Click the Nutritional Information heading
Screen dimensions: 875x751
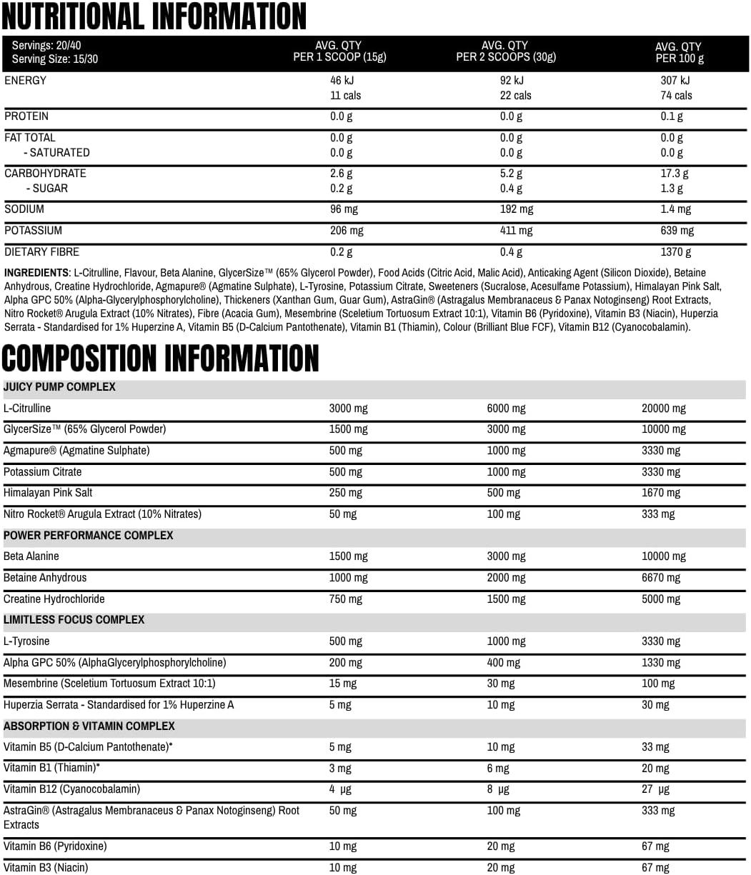tap(154, 16)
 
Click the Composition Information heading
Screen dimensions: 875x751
tap(160, 358)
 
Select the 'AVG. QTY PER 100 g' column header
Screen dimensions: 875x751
tap(678, 52)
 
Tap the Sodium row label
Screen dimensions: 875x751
tap(24, 209)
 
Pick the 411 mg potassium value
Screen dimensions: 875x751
tap(516, 231)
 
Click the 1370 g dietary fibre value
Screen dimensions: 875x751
tap(676, 252)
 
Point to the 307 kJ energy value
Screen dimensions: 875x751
tap(675, 81)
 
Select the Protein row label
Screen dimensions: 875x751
tap(26, 116)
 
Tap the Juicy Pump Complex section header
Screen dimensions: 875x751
tap(59, 387)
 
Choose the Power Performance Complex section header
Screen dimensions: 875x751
tap(89, 536)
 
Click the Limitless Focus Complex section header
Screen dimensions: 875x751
tap(74, 620)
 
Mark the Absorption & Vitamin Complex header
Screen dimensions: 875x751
tap(89, 726)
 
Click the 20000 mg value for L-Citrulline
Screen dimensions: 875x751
tap(663, 409)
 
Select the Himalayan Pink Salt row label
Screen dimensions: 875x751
tap(48, 493)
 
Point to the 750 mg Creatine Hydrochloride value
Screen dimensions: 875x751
tap(346, 599)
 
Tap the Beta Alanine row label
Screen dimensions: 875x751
tap(31, 556)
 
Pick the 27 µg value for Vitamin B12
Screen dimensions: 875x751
tap(655, 789)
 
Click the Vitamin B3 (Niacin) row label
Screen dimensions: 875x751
tap(46, 868)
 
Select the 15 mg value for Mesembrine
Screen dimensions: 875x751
tap(342, 684)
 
